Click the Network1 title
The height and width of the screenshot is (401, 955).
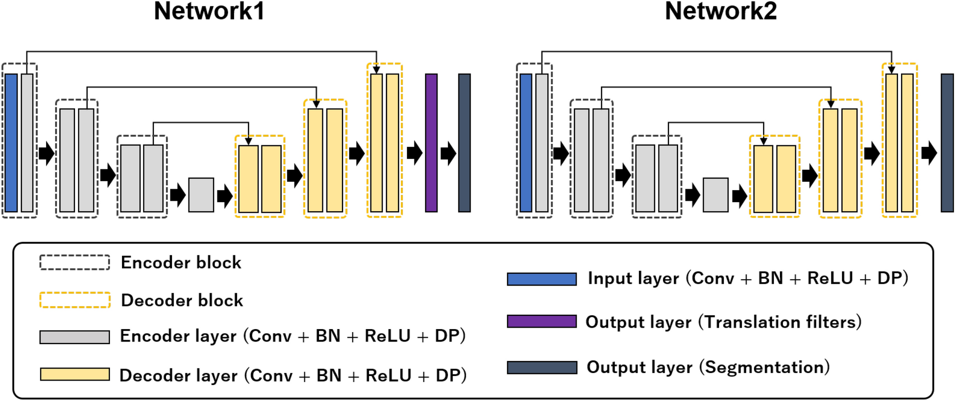(x=209, y=11)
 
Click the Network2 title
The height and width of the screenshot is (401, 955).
(x=720, y=11)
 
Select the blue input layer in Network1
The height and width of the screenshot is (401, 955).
(x=11, y=143)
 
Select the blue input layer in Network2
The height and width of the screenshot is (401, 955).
(x=525, y=143)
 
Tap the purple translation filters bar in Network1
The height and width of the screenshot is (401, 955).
(x=431, y=143)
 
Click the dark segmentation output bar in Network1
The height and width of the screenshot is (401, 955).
(x=464, y=143)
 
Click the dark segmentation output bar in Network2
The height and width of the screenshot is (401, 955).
(x=947, y=143)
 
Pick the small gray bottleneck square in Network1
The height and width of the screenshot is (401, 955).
(x=201, y=195)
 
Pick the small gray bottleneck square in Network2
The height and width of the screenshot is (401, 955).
(x=715, y=195)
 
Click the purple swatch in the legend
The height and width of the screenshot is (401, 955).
(x=541, y=321)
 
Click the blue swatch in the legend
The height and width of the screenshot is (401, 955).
(x=541, y=279)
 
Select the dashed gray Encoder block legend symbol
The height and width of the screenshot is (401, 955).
(x=74, y=262)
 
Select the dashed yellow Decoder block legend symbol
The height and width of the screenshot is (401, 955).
(x=74, y=300)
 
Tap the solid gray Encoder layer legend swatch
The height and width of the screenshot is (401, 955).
(x=74, y=337)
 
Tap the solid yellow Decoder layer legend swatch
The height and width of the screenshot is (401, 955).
(x=74, y=375)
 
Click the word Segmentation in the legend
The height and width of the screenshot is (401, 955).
(x=764, y=368)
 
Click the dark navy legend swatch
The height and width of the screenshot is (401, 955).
(x=541, y=368)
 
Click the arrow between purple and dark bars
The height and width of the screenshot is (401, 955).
(x=448, y=153)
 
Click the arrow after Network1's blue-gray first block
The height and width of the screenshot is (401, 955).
(x=46, y=153)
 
